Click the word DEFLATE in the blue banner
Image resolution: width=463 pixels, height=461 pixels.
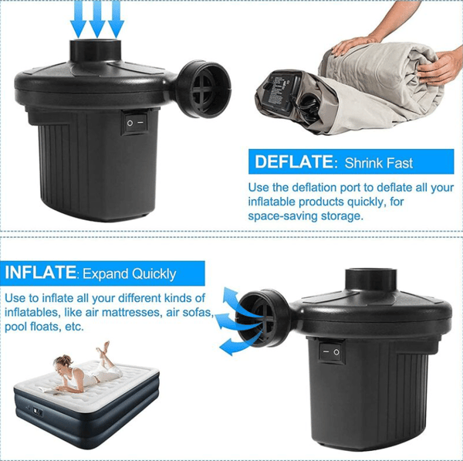(294, 161)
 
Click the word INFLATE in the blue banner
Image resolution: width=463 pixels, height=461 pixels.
(40, 272)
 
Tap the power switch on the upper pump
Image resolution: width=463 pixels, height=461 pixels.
(135, 122)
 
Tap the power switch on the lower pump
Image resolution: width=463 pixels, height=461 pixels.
(332, 351)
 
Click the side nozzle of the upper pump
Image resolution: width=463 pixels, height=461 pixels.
(204, 89)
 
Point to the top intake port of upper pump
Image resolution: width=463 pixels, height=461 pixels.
(96, 50)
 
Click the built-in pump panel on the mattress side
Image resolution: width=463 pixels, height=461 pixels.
(38, 412)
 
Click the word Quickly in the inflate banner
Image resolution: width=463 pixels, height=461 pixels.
(154, 274)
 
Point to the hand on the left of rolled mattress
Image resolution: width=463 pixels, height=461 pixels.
(354, 45)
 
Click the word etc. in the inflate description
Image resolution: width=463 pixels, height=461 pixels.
(74, 327)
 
